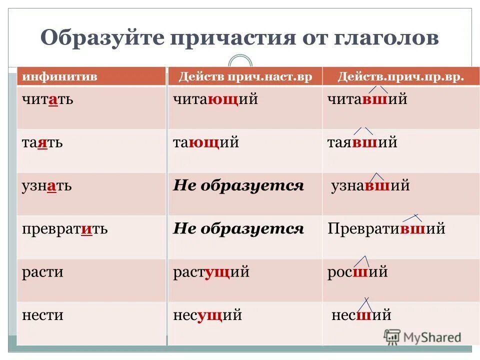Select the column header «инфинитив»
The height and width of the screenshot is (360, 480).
59,77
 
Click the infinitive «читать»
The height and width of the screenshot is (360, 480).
47,99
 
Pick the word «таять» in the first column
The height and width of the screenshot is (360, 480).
42,142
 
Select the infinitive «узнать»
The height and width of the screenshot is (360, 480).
46,186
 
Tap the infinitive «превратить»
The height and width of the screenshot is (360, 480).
64,229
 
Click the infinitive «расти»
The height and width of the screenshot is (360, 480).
42,272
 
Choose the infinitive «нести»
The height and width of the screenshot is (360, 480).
42,315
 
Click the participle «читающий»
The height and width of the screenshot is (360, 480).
215,99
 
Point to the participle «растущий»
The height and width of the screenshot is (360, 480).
211,272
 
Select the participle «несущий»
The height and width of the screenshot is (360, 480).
207,315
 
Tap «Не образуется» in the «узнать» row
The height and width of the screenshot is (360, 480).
238,186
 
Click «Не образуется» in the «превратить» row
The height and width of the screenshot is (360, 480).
238,229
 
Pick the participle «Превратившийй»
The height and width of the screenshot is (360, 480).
386,229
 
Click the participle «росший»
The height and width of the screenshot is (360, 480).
357,272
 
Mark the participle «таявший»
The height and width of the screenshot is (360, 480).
362,142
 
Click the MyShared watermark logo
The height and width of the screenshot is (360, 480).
422,337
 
